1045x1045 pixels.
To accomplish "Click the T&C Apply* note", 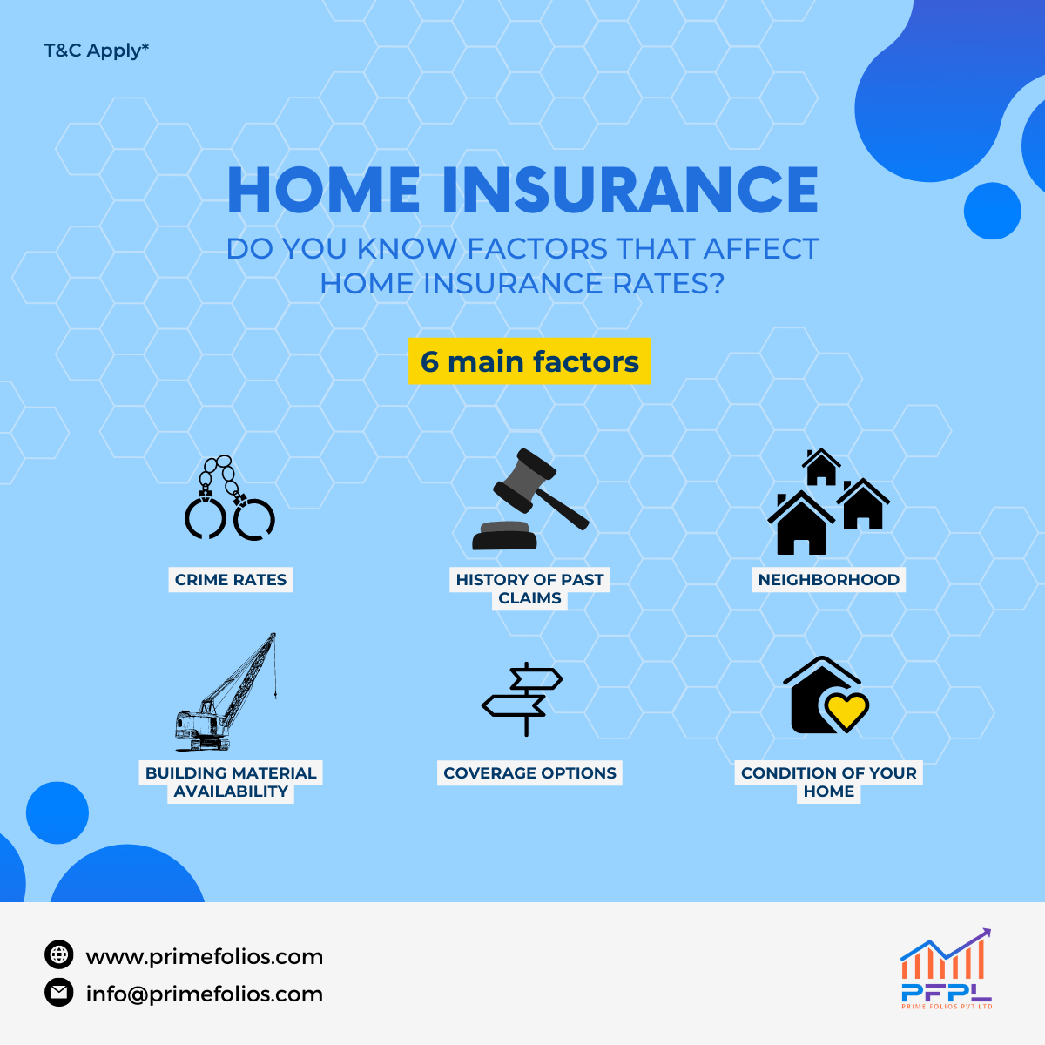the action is (x=96, y=51).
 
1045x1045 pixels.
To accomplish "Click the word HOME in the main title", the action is (x=324, y=190).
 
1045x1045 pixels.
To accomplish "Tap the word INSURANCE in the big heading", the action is (x=630, y=190).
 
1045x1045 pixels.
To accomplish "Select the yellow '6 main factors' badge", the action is (x=529, y=361).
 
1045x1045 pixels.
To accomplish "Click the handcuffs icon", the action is (x=230, y=498).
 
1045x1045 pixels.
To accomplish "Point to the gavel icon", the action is (x=529, y=499).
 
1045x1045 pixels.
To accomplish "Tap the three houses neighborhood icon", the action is (x=828, y=501).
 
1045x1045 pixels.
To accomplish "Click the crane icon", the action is (x=226, y=692).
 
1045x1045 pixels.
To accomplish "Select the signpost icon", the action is (x=522, y=699).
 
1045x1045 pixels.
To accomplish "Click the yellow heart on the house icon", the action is (x=846, y=711).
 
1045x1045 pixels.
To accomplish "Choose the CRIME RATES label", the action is (x=231, y=580).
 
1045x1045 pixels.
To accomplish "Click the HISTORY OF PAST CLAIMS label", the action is (x=529, y=589).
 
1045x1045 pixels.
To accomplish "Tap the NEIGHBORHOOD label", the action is (x=829, y=580).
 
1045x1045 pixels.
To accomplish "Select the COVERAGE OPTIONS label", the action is (x=529, y=772).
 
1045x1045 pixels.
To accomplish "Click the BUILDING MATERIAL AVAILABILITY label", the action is (x=231, y=782).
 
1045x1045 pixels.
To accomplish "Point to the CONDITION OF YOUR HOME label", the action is (x=829, y=782).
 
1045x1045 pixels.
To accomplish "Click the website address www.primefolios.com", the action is (x=205, y=956).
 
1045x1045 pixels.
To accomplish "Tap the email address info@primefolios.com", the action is (x=205, y=994).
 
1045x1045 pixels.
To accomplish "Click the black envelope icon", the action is (x=59, y=993).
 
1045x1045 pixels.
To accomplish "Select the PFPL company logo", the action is (x=947, y=969).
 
